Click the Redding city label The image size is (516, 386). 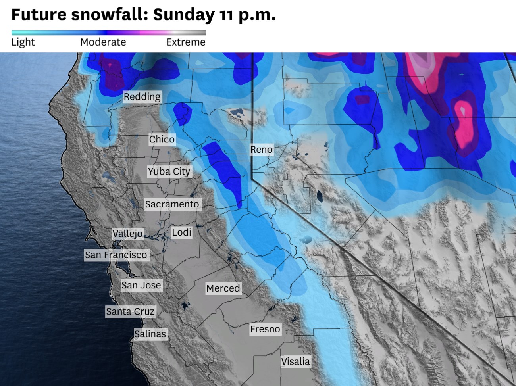[142, 97]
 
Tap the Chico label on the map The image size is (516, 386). [162, 139]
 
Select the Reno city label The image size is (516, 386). [261, 150]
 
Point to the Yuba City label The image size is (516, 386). [169, 171]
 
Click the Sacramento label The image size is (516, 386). [172, 204]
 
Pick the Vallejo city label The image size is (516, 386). [127, 234]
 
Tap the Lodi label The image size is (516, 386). [182, 232]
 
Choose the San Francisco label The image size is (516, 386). [116, 255]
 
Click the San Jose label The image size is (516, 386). [141, 285]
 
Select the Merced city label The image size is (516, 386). [223, 288]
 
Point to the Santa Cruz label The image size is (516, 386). [130, 311]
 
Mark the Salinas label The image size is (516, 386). [150, 334]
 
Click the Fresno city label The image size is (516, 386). [265, 329]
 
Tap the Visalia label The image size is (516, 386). [295, 361]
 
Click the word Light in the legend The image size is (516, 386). [23, 42]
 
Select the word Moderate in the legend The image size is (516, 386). [103, 42]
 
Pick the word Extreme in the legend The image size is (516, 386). [186, 42]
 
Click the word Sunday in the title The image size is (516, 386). [184, 15]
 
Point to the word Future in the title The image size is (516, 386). [39, 15]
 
